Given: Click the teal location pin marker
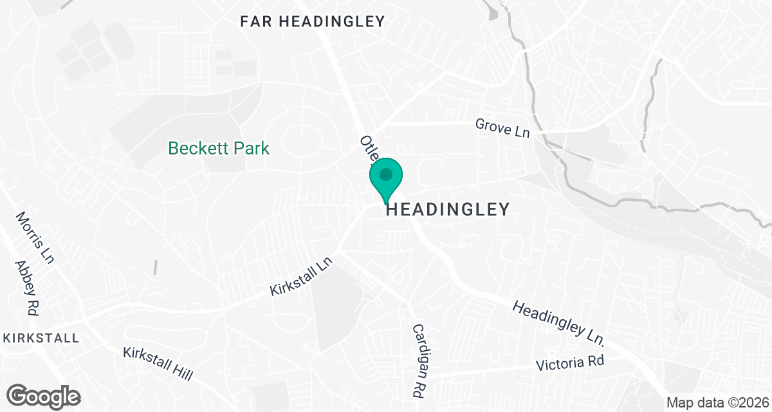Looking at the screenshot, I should click(x=386, y=180).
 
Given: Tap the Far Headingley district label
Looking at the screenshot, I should click(x=312, y=21).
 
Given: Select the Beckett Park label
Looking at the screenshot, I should click(x=219, y=149).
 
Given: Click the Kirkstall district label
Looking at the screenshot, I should click(x=41, y=338).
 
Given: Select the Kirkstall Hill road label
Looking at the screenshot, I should click(x=158, y=364).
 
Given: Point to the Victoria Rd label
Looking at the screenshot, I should click(x=571, y=363).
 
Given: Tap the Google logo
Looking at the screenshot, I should click(x=44, y=396).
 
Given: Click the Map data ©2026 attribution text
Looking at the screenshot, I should click(x=716, y=403).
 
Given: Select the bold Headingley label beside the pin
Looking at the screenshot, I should click(x=448, y=209).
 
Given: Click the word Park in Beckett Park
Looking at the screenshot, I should click(x=250, y=149).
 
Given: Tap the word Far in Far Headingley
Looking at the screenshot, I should click(x=255, y=21).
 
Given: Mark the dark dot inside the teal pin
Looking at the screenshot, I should click(x=386, y=174).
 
